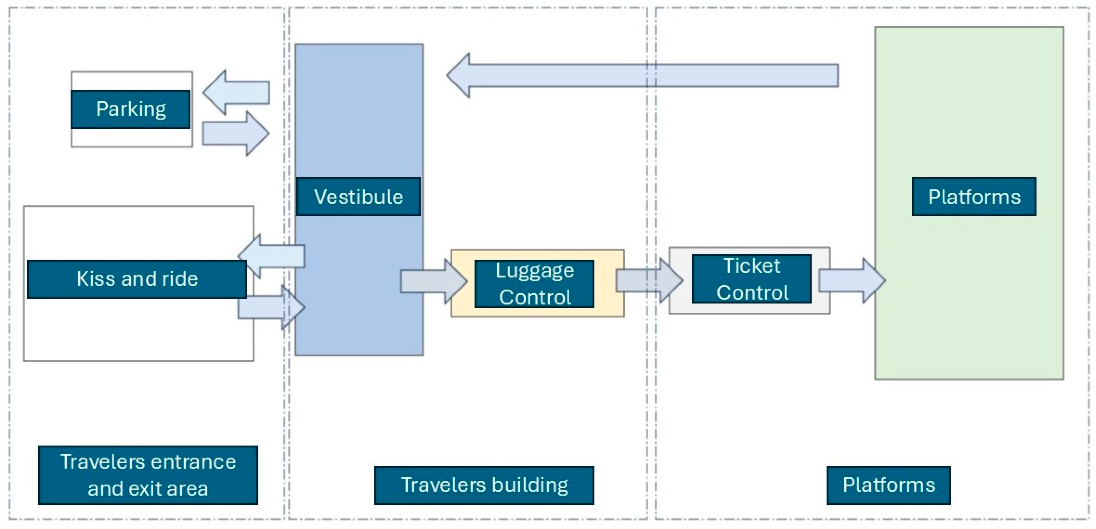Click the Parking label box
click(130, 109)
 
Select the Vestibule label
click(358, 197)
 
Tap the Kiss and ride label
click(137, 279)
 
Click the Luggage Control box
click(534, 284)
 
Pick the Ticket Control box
click(751, 279)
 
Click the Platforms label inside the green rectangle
click(974, 197)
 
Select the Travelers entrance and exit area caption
click(148, 475)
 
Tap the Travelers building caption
click(484, 485)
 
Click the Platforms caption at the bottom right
click(888, 485)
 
